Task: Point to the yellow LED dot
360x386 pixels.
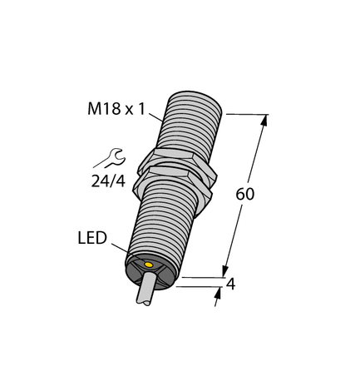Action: pyautogui.click(x=148, y=266)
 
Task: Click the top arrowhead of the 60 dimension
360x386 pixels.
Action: pyautogui.click(x=265, y=121)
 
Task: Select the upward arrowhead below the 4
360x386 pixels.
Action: pyautogui.click(x=219, y=293)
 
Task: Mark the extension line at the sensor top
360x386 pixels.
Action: pyautogui.click(x=246, y=114)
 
